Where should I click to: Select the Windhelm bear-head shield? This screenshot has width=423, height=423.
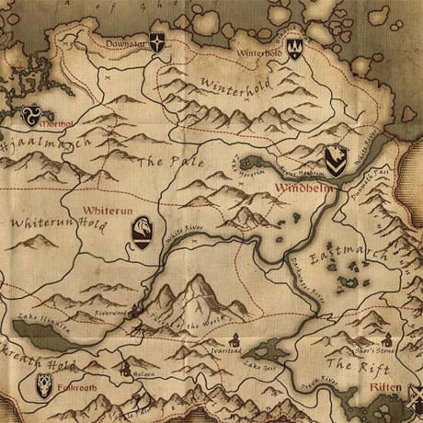click(337, 162)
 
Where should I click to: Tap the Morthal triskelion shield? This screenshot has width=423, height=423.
click(31, 116)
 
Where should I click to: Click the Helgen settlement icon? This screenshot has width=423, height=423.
click(125, 370)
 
